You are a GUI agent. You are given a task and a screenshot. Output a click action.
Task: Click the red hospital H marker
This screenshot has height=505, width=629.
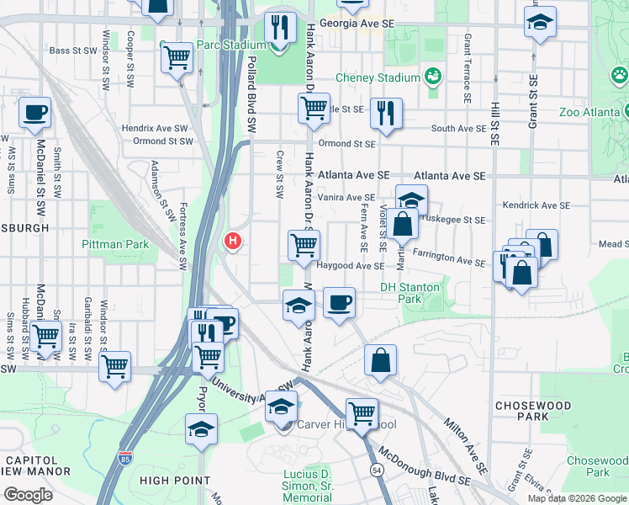click(232, 242)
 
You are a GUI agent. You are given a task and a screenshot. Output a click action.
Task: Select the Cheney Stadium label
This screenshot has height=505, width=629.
click(378, 78)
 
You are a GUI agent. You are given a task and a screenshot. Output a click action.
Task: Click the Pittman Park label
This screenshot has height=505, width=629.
click(115, 244)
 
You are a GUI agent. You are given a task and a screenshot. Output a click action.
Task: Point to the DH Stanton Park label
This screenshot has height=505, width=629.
click(410, 287)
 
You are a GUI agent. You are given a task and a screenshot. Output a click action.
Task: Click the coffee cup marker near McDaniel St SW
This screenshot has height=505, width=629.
click(34, 113)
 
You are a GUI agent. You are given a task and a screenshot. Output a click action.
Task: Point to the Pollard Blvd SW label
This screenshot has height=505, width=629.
click(251, 93)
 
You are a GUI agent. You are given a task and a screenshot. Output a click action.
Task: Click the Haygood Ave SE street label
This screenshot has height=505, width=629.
click(351, 266)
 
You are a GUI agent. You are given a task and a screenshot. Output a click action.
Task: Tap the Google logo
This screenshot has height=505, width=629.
click(29, 495)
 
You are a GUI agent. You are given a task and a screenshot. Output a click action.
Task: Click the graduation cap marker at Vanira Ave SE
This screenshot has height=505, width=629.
click(411, 200)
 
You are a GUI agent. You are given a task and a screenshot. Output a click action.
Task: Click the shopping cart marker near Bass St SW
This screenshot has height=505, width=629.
click(177, 57)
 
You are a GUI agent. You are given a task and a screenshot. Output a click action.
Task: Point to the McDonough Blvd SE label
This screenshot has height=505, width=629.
click(424, 467)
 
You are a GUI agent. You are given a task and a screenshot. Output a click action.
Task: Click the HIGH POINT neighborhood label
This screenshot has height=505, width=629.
click(175, 481)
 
